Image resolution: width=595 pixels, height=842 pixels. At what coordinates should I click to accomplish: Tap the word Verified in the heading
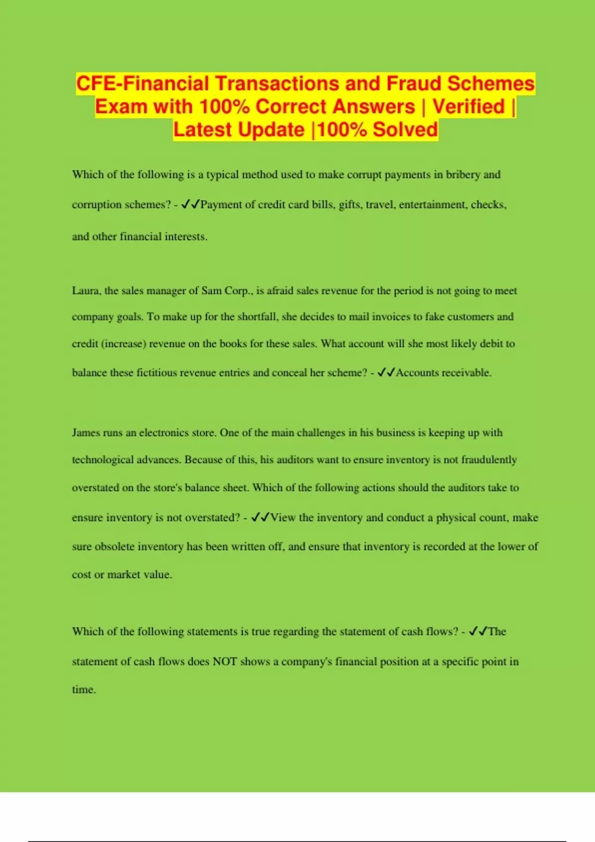[469, 106]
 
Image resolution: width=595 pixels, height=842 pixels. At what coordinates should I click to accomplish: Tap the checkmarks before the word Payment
[191, 205]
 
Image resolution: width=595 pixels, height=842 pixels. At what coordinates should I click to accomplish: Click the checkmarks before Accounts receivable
[386, 372]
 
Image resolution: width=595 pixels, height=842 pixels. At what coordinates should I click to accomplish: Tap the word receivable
[466, 372]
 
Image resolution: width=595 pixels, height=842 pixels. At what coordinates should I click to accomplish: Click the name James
[86, 432]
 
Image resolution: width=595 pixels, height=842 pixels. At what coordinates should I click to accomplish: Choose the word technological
[103, 460]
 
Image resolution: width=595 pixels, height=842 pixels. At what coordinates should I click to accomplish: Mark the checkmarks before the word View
[260, 518]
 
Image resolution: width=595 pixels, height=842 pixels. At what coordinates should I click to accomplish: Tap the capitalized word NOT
[225, 662]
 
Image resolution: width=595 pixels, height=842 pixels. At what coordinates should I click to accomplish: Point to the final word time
[83, 689]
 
